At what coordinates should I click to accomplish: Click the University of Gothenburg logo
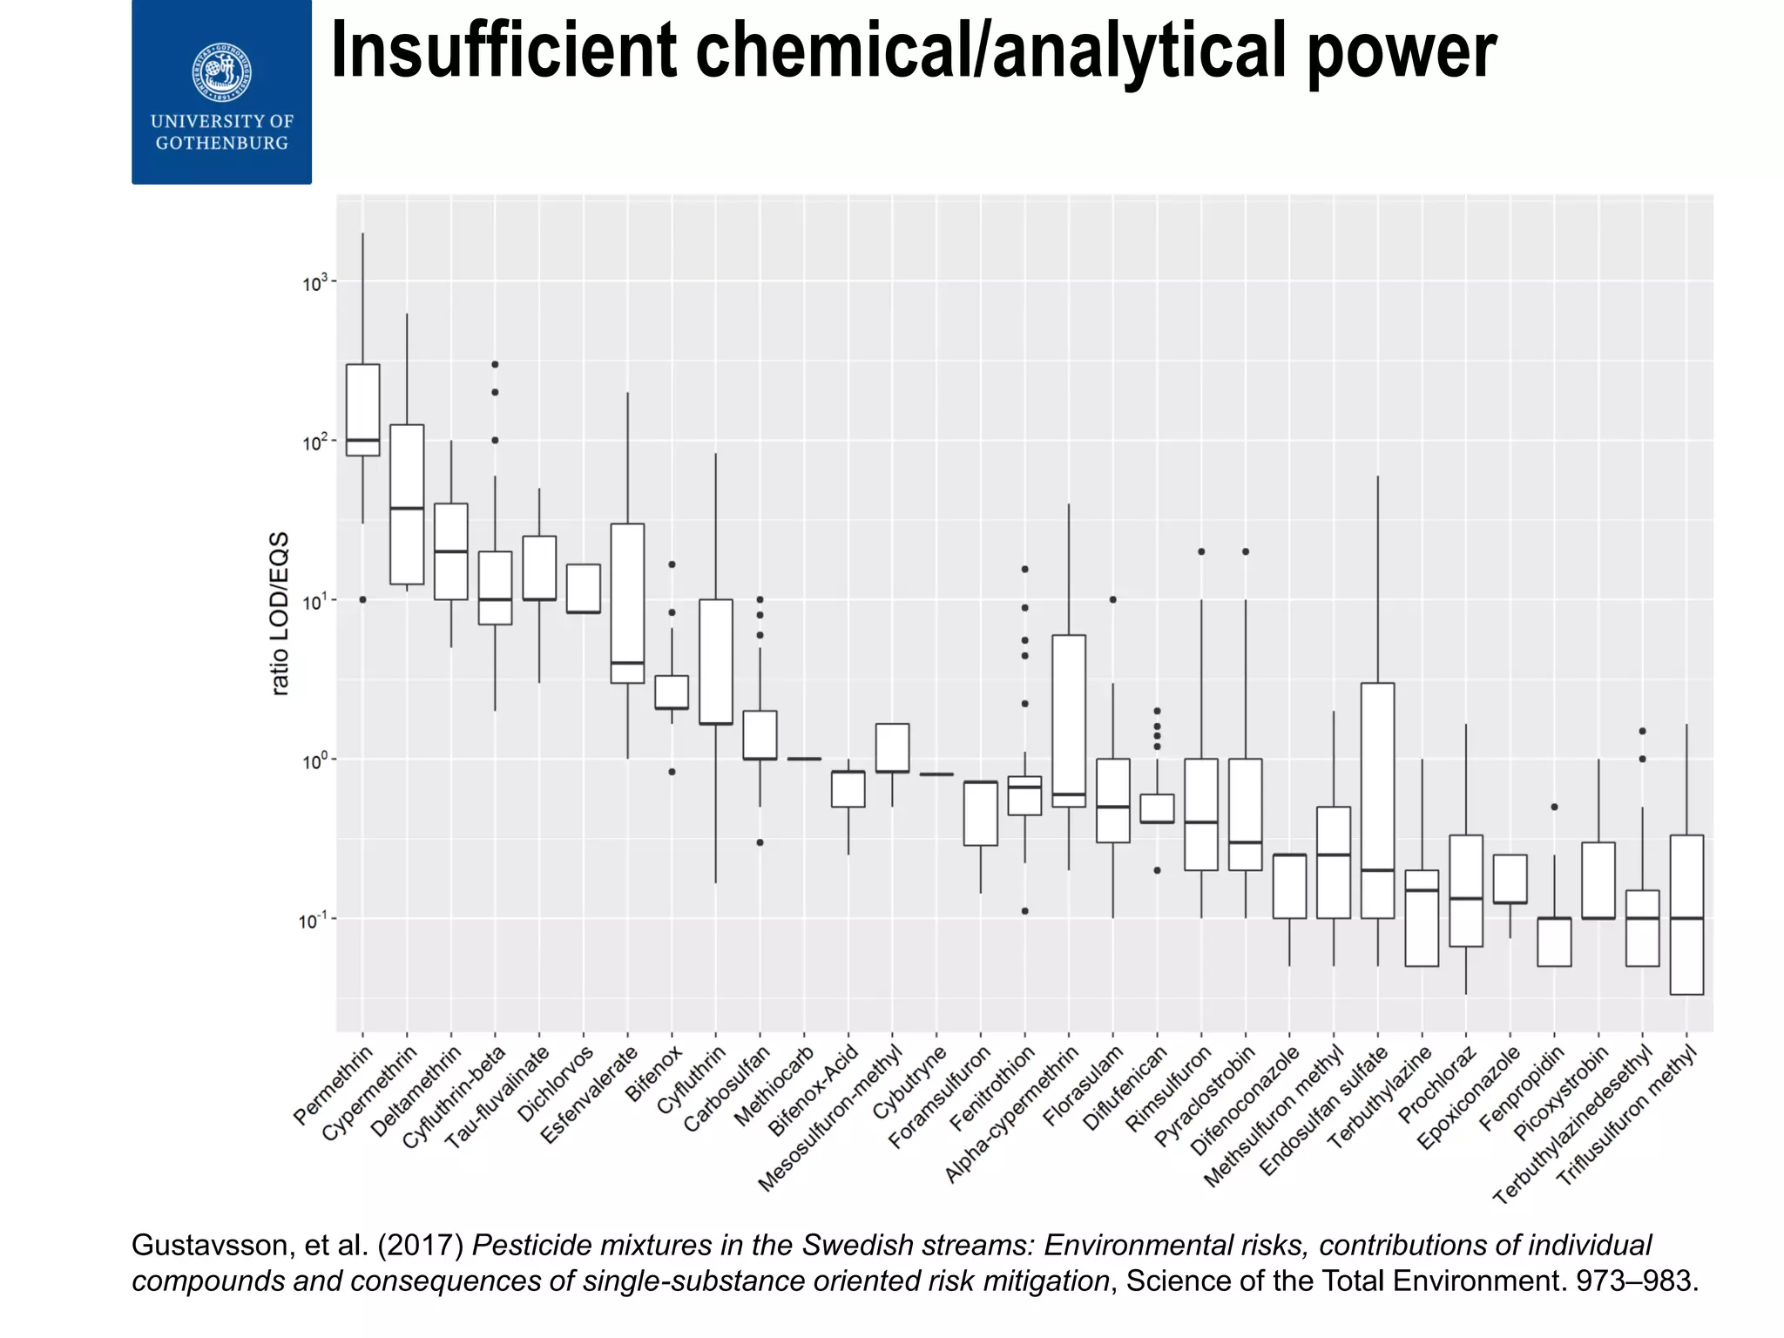221,91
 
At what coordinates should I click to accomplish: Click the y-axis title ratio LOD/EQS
280,613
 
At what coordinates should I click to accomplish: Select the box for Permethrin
362,409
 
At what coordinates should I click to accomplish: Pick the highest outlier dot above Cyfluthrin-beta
495,364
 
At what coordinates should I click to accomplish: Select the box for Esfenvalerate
627,603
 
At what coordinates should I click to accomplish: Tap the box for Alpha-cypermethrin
1069,720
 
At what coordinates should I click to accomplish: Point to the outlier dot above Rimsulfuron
1201,551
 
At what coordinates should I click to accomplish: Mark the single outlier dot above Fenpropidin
1554,807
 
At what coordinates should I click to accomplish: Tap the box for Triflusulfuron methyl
1686,915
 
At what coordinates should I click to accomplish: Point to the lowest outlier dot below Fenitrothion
1024,911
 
